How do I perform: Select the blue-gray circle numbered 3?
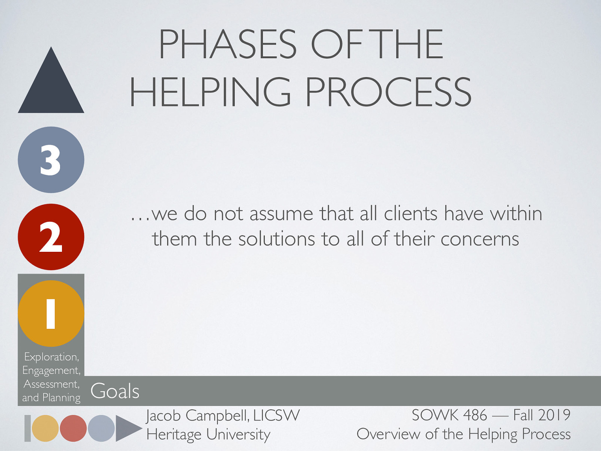pos(51,160)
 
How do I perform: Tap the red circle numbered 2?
pos(51,237)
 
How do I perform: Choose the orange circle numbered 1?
pos(51,313)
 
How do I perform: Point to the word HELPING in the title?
pos(210,92)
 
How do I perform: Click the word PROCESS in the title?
pos(388,92)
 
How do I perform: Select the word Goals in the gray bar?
pos(115,391)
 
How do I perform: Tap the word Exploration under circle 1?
pos(51,357)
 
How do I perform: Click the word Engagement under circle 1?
pos(51,371)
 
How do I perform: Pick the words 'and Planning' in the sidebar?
pos(51,398)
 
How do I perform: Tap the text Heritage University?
pos(208,434)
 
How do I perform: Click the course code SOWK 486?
pos(449,415)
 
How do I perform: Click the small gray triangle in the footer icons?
pos(127,428)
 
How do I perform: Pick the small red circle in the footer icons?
pos(73,428)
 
